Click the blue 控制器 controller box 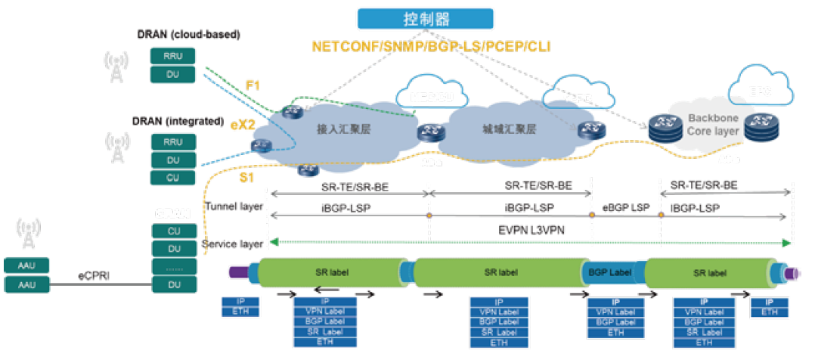click(426, 18)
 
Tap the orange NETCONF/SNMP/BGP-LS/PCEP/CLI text click(432, 47)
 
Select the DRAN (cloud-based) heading click(187, 35)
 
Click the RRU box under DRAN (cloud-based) click(172, 56)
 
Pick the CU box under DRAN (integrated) click(172, 177)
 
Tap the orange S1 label click(246, 177)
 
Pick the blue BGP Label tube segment click(610, 272)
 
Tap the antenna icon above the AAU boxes click(28, 234)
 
